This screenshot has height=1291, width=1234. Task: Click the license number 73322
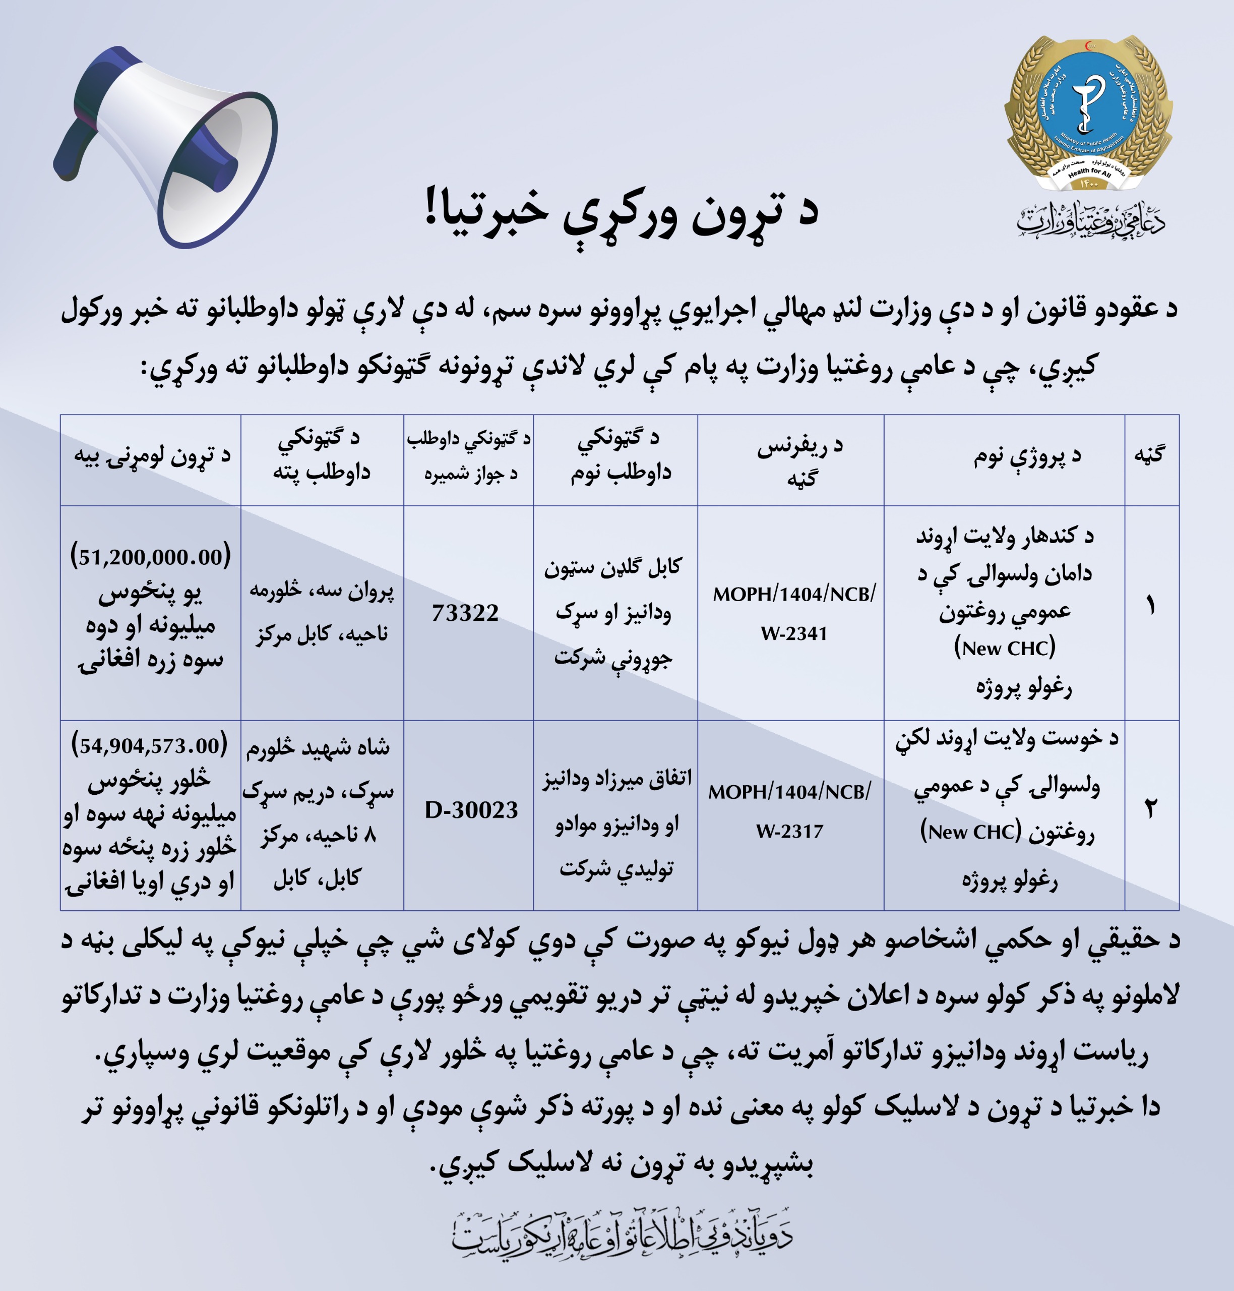tap(466, 613)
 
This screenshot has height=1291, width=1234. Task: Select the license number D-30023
tap(471, 809)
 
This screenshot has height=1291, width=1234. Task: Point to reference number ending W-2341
tap(794, 613)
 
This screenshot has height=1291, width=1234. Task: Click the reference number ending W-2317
tap(789, 811)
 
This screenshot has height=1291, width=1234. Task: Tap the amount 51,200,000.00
tap(151, 557)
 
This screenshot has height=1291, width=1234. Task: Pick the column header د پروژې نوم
tap(1027, 455)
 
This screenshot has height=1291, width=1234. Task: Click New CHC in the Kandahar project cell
tap(1005, 648)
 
